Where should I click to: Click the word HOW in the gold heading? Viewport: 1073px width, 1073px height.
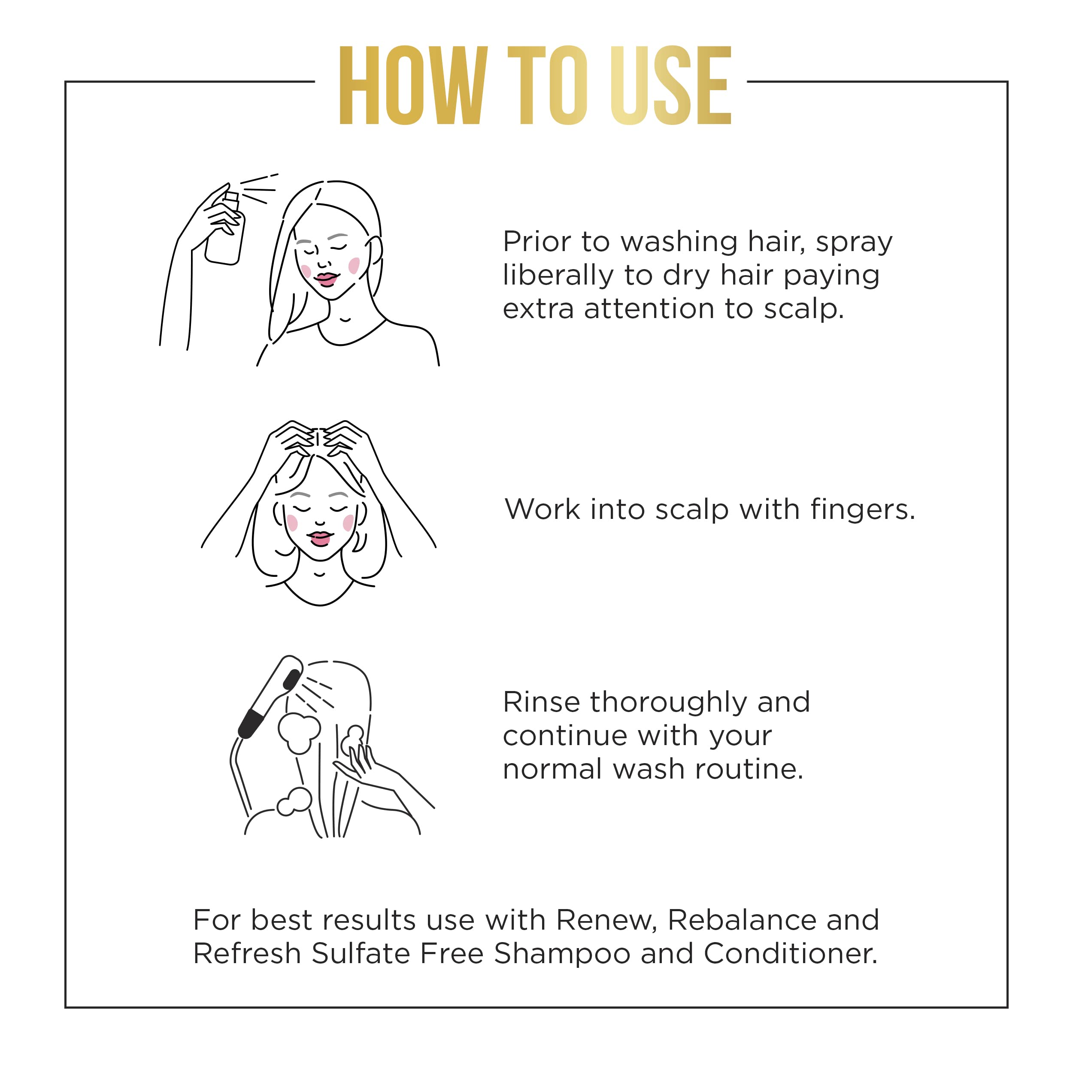click(414, 85)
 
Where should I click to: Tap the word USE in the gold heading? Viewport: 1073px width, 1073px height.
click(671, 85)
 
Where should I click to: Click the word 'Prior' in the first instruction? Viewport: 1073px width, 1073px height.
click(536, 242)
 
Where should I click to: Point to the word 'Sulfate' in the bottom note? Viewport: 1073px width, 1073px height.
click(361, 954)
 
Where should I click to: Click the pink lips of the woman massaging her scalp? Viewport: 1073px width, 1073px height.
click(320, 538)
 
